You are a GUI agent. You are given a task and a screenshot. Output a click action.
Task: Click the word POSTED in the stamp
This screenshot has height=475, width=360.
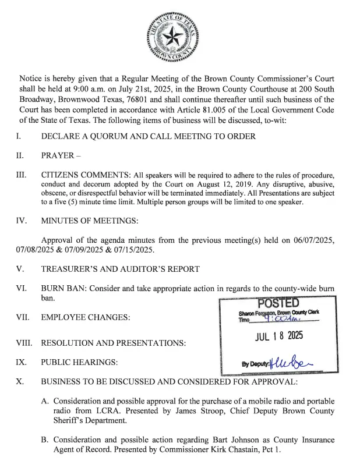click(x=278, y=303)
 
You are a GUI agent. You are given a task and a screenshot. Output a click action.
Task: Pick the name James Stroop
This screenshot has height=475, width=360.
click(x=177, y=411)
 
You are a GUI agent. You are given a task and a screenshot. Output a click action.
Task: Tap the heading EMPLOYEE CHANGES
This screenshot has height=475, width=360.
click(x=86, y=317)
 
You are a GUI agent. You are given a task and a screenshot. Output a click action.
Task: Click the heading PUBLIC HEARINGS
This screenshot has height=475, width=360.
click(x=79, y=362)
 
